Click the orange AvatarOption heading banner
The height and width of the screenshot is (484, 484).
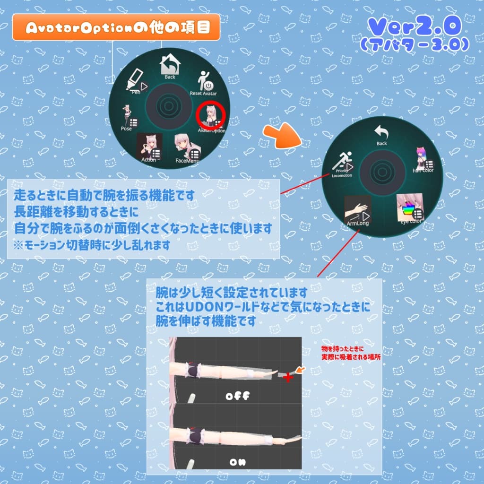(x=116, y=27)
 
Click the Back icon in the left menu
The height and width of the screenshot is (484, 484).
(x=169, y=66)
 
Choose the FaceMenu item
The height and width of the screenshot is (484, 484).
(x=186, y=148)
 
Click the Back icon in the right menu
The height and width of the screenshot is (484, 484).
(x=381, y=134)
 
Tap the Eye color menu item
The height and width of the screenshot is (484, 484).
(x=409, y=208)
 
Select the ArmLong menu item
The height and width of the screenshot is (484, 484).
(x=357, y=211)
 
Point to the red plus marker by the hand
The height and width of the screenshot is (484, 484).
(x=288, y=377)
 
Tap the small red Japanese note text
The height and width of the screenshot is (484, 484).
(x=350, y=354)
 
